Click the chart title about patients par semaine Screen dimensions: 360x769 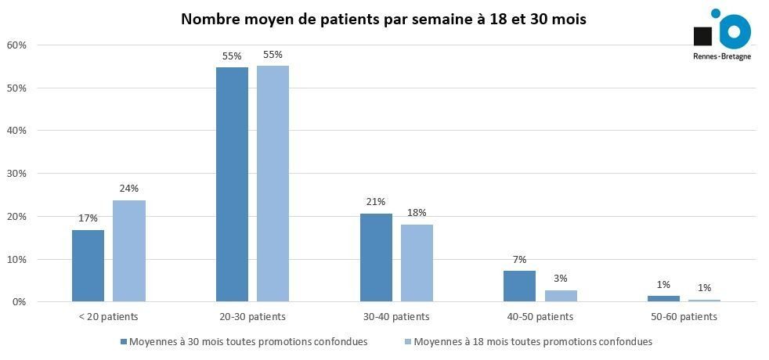(x=383, y=19)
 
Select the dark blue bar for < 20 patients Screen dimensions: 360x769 (x=88, y=265)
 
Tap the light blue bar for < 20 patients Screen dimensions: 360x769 (x=129, y=250)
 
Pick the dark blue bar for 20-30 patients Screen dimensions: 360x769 (x=232, y=184)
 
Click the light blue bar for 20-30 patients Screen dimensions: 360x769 (x=273, y=183)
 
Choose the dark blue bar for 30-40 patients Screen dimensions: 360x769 (x=376, y=257)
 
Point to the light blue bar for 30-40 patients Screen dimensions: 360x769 (x=417, y=263)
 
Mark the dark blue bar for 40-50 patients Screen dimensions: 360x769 (x=519, y=286)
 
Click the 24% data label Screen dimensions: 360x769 (x=129, y=189)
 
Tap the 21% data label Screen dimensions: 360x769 (x=376, y=202)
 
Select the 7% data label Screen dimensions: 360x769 (x=519, y=260)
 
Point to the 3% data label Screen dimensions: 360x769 (x=561, y=278)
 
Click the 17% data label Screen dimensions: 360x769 (x=88, y=218)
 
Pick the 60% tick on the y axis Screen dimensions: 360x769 (x=16, y=45)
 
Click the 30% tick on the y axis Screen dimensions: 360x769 (x=16, y=174)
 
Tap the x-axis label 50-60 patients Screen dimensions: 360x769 (x=684, y=317)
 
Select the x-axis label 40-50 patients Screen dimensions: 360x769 (x=540, y=317)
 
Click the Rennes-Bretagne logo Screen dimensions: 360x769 (x=721, y=34)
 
